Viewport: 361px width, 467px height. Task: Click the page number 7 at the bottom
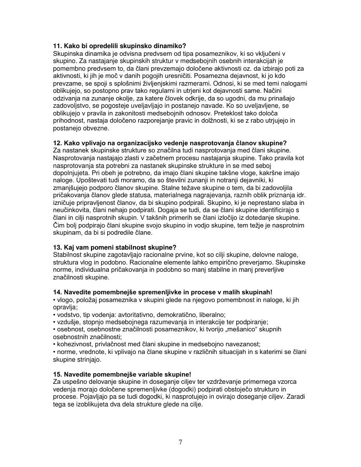click(x=180, y=442)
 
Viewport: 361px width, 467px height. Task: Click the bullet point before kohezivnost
click(x=54, y=344)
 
